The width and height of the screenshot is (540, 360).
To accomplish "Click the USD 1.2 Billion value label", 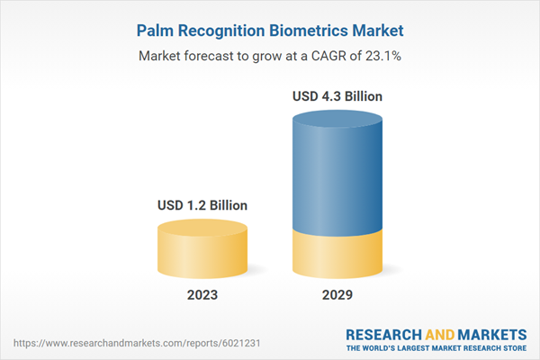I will point(202,206).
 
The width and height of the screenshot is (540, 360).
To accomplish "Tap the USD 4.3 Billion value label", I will point(338,95).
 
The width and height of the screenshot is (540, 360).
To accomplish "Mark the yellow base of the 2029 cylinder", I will point(338,254).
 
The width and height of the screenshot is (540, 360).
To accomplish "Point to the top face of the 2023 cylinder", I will point(202,227).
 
